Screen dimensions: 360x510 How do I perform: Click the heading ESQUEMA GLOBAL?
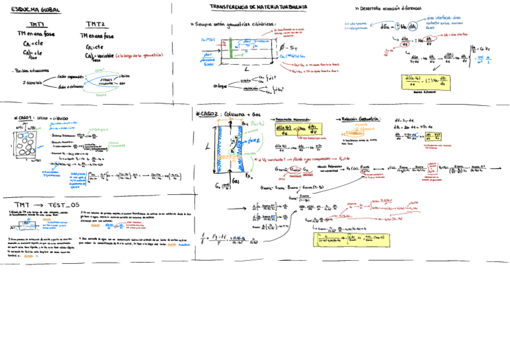[x=32, y=10]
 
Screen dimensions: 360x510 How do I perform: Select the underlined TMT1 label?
[x=37, y=25]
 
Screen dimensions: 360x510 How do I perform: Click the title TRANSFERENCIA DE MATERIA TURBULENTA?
[x=258, y=7]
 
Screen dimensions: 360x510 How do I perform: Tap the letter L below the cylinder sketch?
[x=247, y=69]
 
